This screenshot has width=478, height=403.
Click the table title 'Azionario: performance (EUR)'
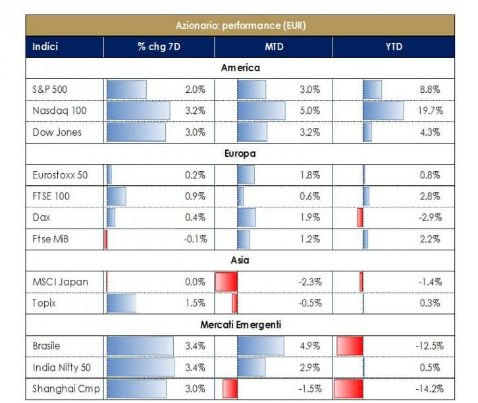240,26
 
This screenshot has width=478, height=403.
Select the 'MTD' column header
273,47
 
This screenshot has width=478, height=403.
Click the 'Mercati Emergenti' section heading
240,325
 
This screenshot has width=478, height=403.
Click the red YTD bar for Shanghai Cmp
348,389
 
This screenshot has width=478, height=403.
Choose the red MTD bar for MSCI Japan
226,282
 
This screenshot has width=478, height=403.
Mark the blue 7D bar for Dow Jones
136,132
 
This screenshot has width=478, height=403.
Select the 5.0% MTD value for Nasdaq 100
310,111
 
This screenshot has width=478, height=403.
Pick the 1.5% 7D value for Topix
196,303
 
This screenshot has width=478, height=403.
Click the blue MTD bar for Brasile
260,346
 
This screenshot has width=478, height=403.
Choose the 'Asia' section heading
240,260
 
